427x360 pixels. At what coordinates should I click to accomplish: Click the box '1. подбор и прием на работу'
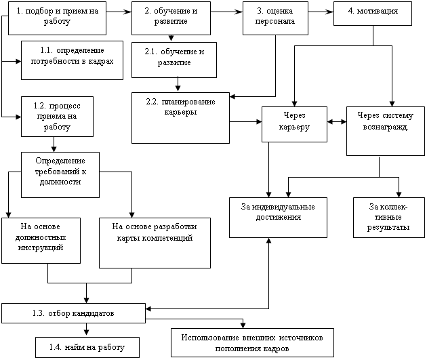[x=57, y=18]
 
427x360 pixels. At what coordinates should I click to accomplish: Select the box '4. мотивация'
[x=373, y=14]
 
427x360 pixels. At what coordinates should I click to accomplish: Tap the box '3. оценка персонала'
[x=275, y=18]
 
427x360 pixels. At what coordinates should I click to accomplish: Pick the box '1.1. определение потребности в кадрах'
[x=72, y=60]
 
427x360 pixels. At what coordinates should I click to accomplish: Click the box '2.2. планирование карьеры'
[x=180, y=118]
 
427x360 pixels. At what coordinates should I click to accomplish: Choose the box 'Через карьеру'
[x=294, y=124]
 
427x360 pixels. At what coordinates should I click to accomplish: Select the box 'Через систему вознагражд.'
[x=386, y=131]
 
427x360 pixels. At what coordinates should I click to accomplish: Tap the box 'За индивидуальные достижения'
[x=278, y=218]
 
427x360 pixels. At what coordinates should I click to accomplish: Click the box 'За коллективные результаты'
[x=389, y=218]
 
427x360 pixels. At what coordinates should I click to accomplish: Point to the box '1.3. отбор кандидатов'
[x=73, y=313]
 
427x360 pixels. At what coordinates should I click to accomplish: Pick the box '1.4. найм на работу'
[x=87, y=348]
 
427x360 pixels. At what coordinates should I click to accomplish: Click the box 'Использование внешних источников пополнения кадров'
[x=252, y=342]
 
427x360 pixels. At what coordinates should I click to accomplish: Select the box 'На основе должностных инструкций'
[x=41, y=241]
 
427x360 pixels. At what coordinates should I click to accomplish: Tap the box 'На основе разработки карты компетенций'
[x=155, y=243]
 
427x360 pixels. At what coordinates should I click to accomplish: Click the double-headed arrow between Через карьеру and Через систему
[x=337, y=122]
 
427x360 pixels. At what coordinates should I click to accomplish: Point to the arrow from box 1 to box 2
[x=119, y=12]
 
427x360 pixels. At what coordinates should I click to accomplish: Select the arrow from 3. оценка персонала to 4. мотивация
[x=321, y=12]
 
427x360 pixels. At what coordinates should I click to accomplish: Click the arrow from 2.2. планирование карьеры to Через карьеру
[x=245, y=122]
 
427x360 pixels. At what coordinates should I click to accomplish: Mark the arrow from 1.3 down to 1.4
[x=86, y=330]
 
